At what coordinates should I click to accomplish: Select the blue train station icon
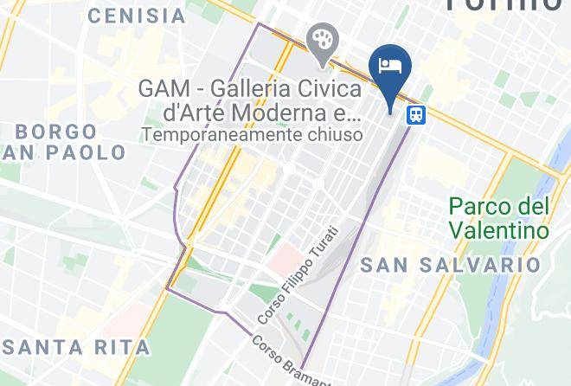point(417,114)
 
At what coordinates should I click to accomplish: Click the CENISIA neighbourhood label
point(137,16)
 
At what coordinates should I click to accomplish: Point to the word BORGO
point(57,132)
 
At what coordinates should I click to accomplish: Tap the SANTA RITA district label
point(76,348)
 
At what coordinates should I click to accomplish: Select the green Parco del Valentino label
point(499,219)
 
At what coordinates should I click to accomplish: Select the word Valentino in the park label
point(499,230)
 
